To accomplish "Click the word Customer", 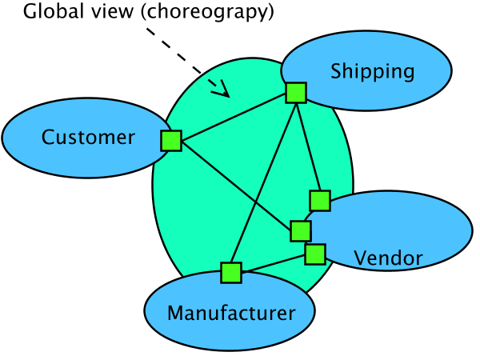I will click(x=88, y=138).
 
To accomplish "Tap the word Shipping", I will click(x=372, y=72).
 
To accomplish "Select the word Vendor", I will click(x=388, y=258).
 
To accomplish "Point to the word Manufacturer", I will click(x=230, y=313).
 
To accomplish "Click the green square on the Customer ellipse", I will click(x=171, y=141).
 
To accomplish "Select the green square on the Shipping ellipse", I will click(x=296, y=93).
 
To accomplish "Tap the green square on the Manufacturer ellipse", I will click(x=231, y=273).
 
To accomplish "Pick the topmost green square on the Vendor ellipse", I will click(x=320, y=200).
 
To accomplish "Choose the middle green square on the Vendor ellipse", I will click(x=301, y=231).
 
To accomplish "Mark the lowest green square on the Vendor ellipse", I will click(x=315, y=254).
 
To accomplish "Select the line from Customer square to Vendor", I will click(x=236, y=186).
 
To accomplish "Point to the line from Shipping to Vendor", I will click(x=308, y=146).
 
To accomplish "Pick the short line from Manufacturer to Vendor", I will click(x=273, y=263).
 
